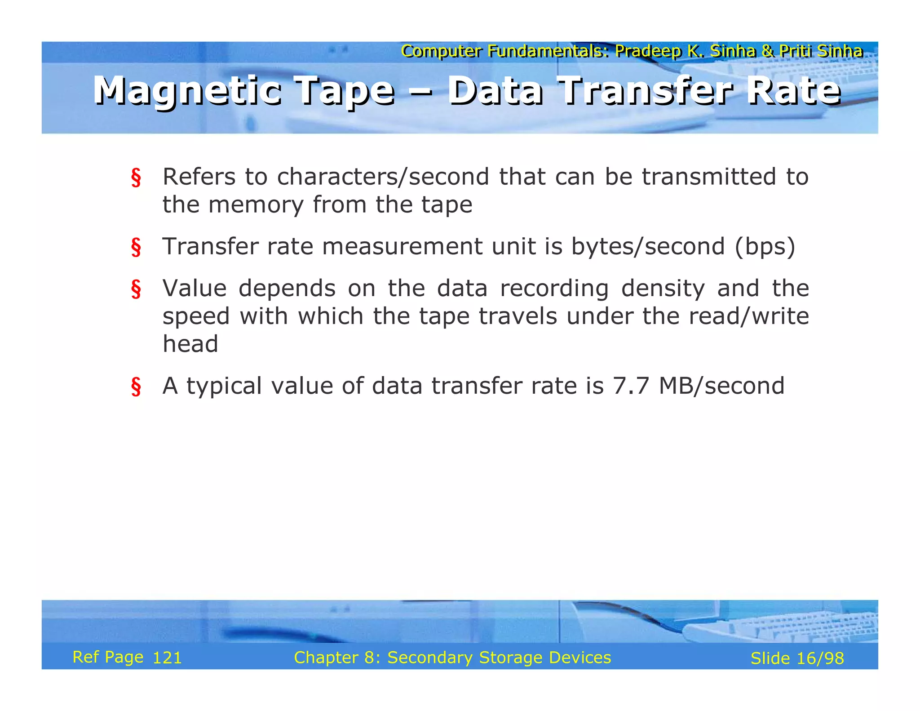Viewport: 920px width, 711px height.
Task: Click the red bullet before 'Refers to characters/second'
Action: click(136, 178)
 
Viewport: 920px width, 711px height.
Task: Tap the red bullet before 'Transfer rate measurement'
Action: click(136, 247)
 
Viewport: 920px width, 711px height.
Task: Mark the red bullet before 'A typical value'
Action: click(136, 387)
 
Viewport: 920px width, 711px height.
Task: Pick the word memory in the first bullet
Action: click(256, 205)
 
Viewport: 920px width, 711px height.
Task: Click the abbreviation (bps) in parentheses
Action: click(765, 247)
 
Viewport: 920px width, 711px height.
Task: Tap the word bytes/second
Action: click(648, 247)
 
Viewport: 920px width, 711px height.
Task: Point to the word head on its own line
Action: click(190, 344)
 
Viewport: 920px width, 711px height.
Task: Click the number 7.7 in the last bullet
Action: click(631, 386)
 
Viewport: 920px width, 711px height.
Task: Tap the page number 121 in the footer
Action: click(167, 658)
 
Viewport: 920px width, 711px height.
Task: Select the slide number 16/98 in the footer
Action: click(820, 658)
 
